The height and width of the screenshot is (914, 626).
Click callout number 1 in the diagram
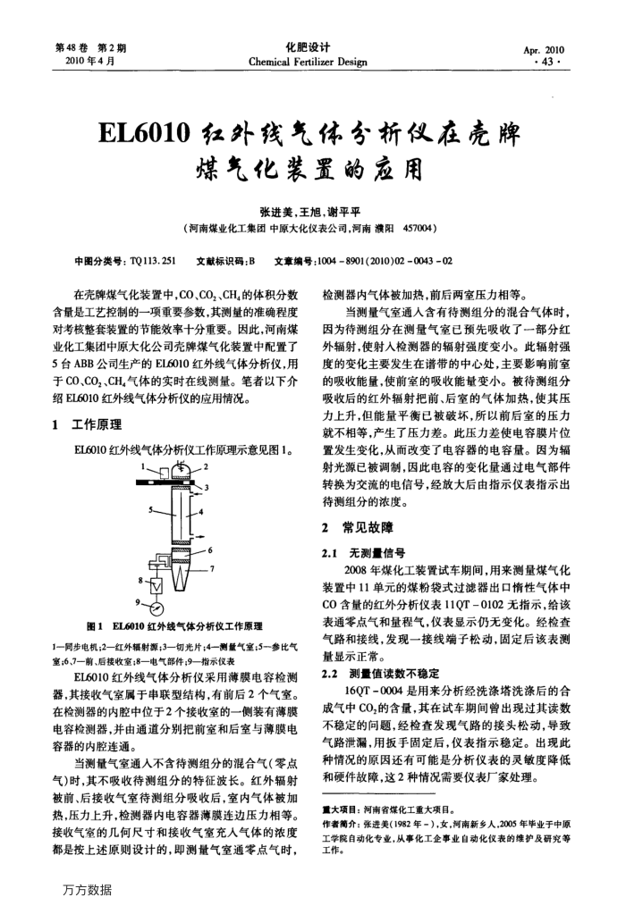click(142, 465)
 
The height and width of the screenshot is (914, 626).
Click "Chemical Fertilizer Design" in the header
click(308, 62)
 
